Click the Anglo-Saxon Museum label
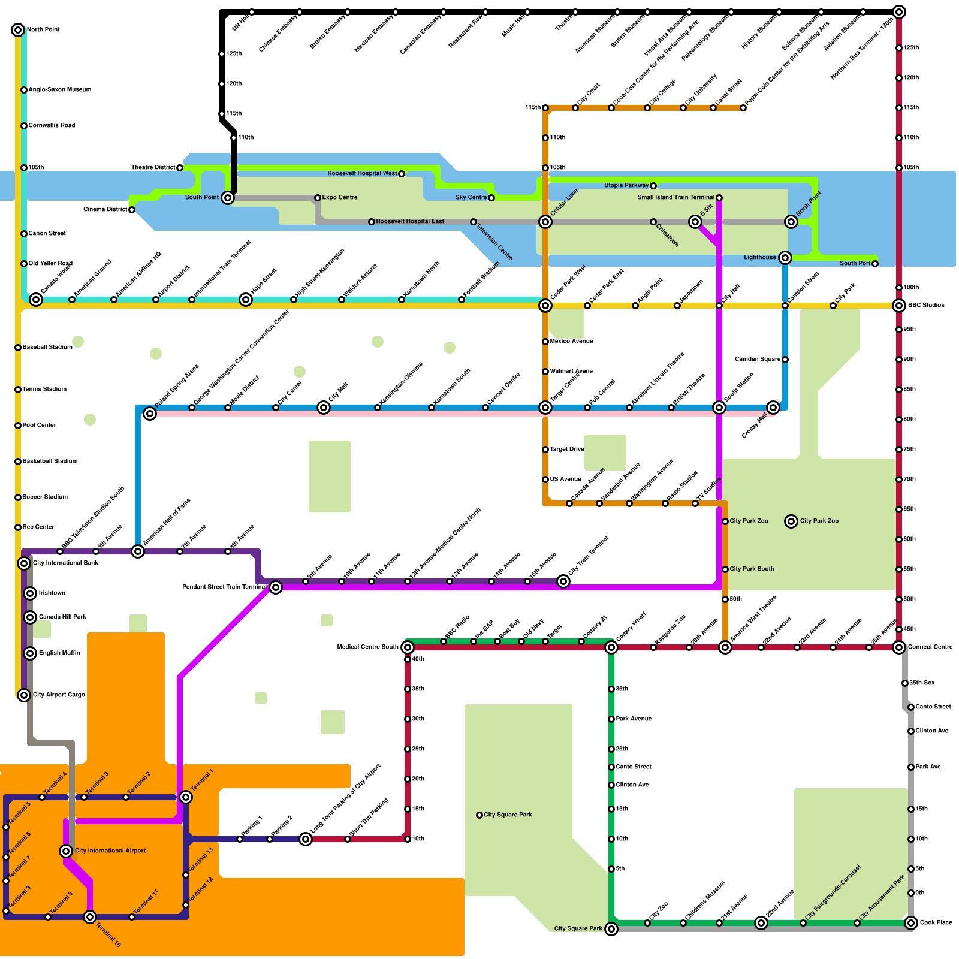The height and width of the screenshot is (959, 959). point(59,90)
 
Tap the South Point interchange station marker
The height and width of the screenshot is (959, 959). point(228,198)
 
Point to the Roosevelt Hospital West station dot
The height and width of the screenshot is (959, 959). point(402,174)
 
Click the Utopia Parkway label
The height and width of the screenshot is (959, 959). point(626,186)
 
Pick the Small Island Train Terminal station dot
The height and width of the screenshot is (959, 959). point(719,198)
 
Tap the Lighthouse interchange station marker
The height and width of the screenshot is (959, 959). point(785,258)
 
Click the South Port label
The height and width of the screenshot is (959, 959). point(855,263)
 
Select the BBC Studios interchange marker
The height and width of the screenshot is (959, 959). point(899,306)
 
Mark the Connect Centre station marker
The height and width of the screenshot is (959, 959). point(899,647)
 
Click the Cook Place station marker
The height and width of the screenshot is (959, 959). point(911,923)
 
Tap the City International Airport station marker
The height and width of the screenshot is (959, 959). point(66,851)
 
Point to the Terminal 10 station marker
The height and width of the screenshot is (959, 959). point(90,917)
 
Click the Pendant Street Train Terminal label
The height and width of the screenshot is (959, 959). point(224,587)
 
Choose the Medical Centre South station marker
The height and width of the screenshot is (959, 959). point(408,647)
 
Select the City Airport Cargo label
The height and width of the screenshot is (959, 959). point(59,695)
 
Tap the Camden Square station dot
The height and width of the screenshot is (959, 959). point(785,360)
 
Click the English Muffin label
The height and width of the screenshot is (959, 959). point(59,653)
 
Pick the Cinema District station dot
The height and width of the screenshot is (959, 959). point(132,210)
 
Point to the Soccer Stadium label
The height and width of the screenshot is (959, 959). point(45,497)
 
